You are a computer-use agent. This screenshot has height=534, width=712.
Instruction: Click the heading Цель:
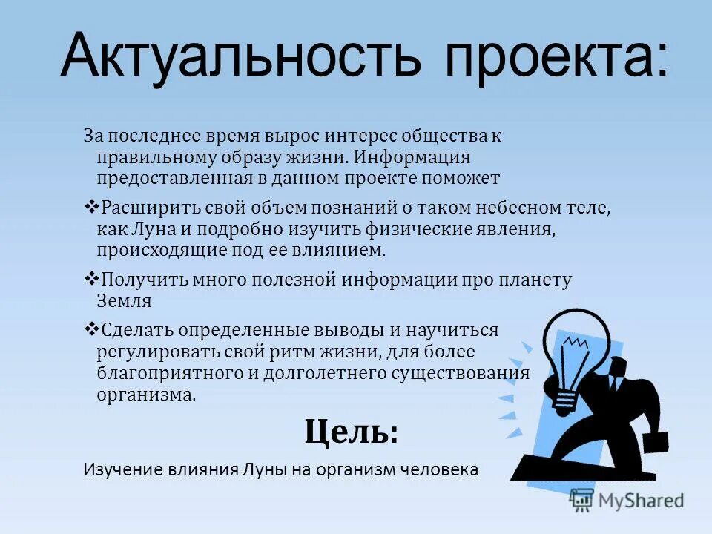[x=352, y=432]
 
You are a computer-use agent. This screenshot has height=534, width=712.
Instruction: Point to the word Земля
[x=124, y=301]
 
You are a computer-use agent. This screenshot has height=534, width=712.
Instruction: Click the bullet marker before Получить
[x=91, y=279]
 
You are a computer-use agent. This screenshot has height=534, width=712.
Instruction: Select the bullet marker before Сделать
[x=91, y=329]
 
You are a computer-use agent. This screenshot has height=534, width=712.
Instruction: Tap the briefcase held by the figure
[x=659, y=444]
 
